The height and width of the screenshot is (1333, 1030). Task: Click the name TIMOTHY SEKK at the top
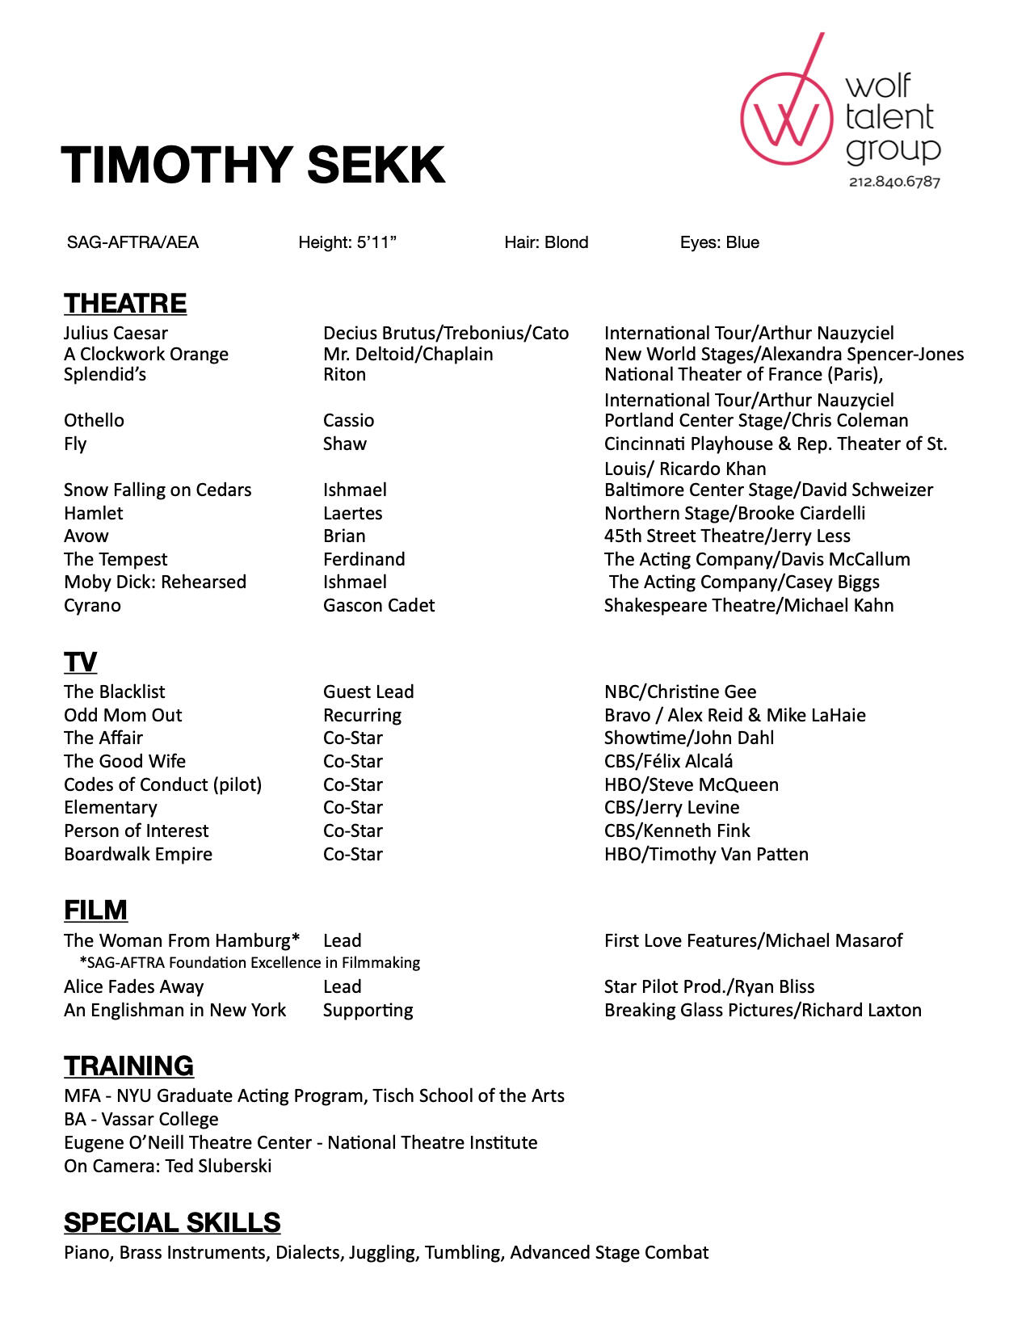click(x=253, y=165)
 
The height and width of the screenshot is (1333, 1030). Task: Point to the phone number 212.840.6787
click(x=894, y=182)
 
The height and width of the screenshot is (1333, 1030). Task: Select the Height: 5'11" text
click(x=347, y=242)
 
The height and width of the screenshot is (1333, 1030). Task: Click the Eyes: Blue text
click(x=719, y=242)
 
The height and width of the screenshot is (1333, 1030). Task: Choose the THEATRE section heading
click(x=125, y=303)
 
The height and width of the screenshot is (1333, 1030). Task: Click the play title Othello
click(x=94, y=420)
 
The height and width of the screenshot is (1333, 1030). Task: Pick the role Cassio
click(x=348, y=420)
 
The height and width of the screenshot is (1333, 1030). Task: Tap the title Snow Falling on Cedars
click(x=158, y=490)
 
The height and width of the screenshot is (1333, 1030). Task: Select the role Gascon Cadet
click(x=379, y=605)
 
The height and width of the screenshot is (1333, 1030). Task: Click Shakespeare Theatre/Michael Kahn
click(x=749, y=605)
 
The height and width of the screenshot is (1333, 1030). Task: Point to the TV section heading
click(x=80, y=662)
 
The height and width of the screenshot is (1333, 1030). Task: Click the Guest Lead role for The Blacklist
click(x=368, y=692)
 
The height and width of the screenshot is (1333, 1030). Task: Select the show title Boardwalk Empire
click(x=138, y=854)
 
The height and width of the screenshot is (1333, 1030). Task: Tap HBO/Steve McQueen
click(x=692, y=784)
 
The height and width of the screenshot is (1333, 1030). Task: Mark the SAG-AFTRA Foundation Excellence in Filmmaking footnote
click(x=250, y=962)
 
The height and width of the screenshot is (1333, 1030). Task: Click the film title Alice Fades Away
click(x=134, y=986)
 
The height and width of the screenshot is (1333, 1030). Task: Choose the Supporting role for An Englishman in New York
click(x=368, y=1010)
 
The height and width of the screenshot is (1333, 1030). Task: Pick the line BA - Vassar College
click(x=141, y=1119)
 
